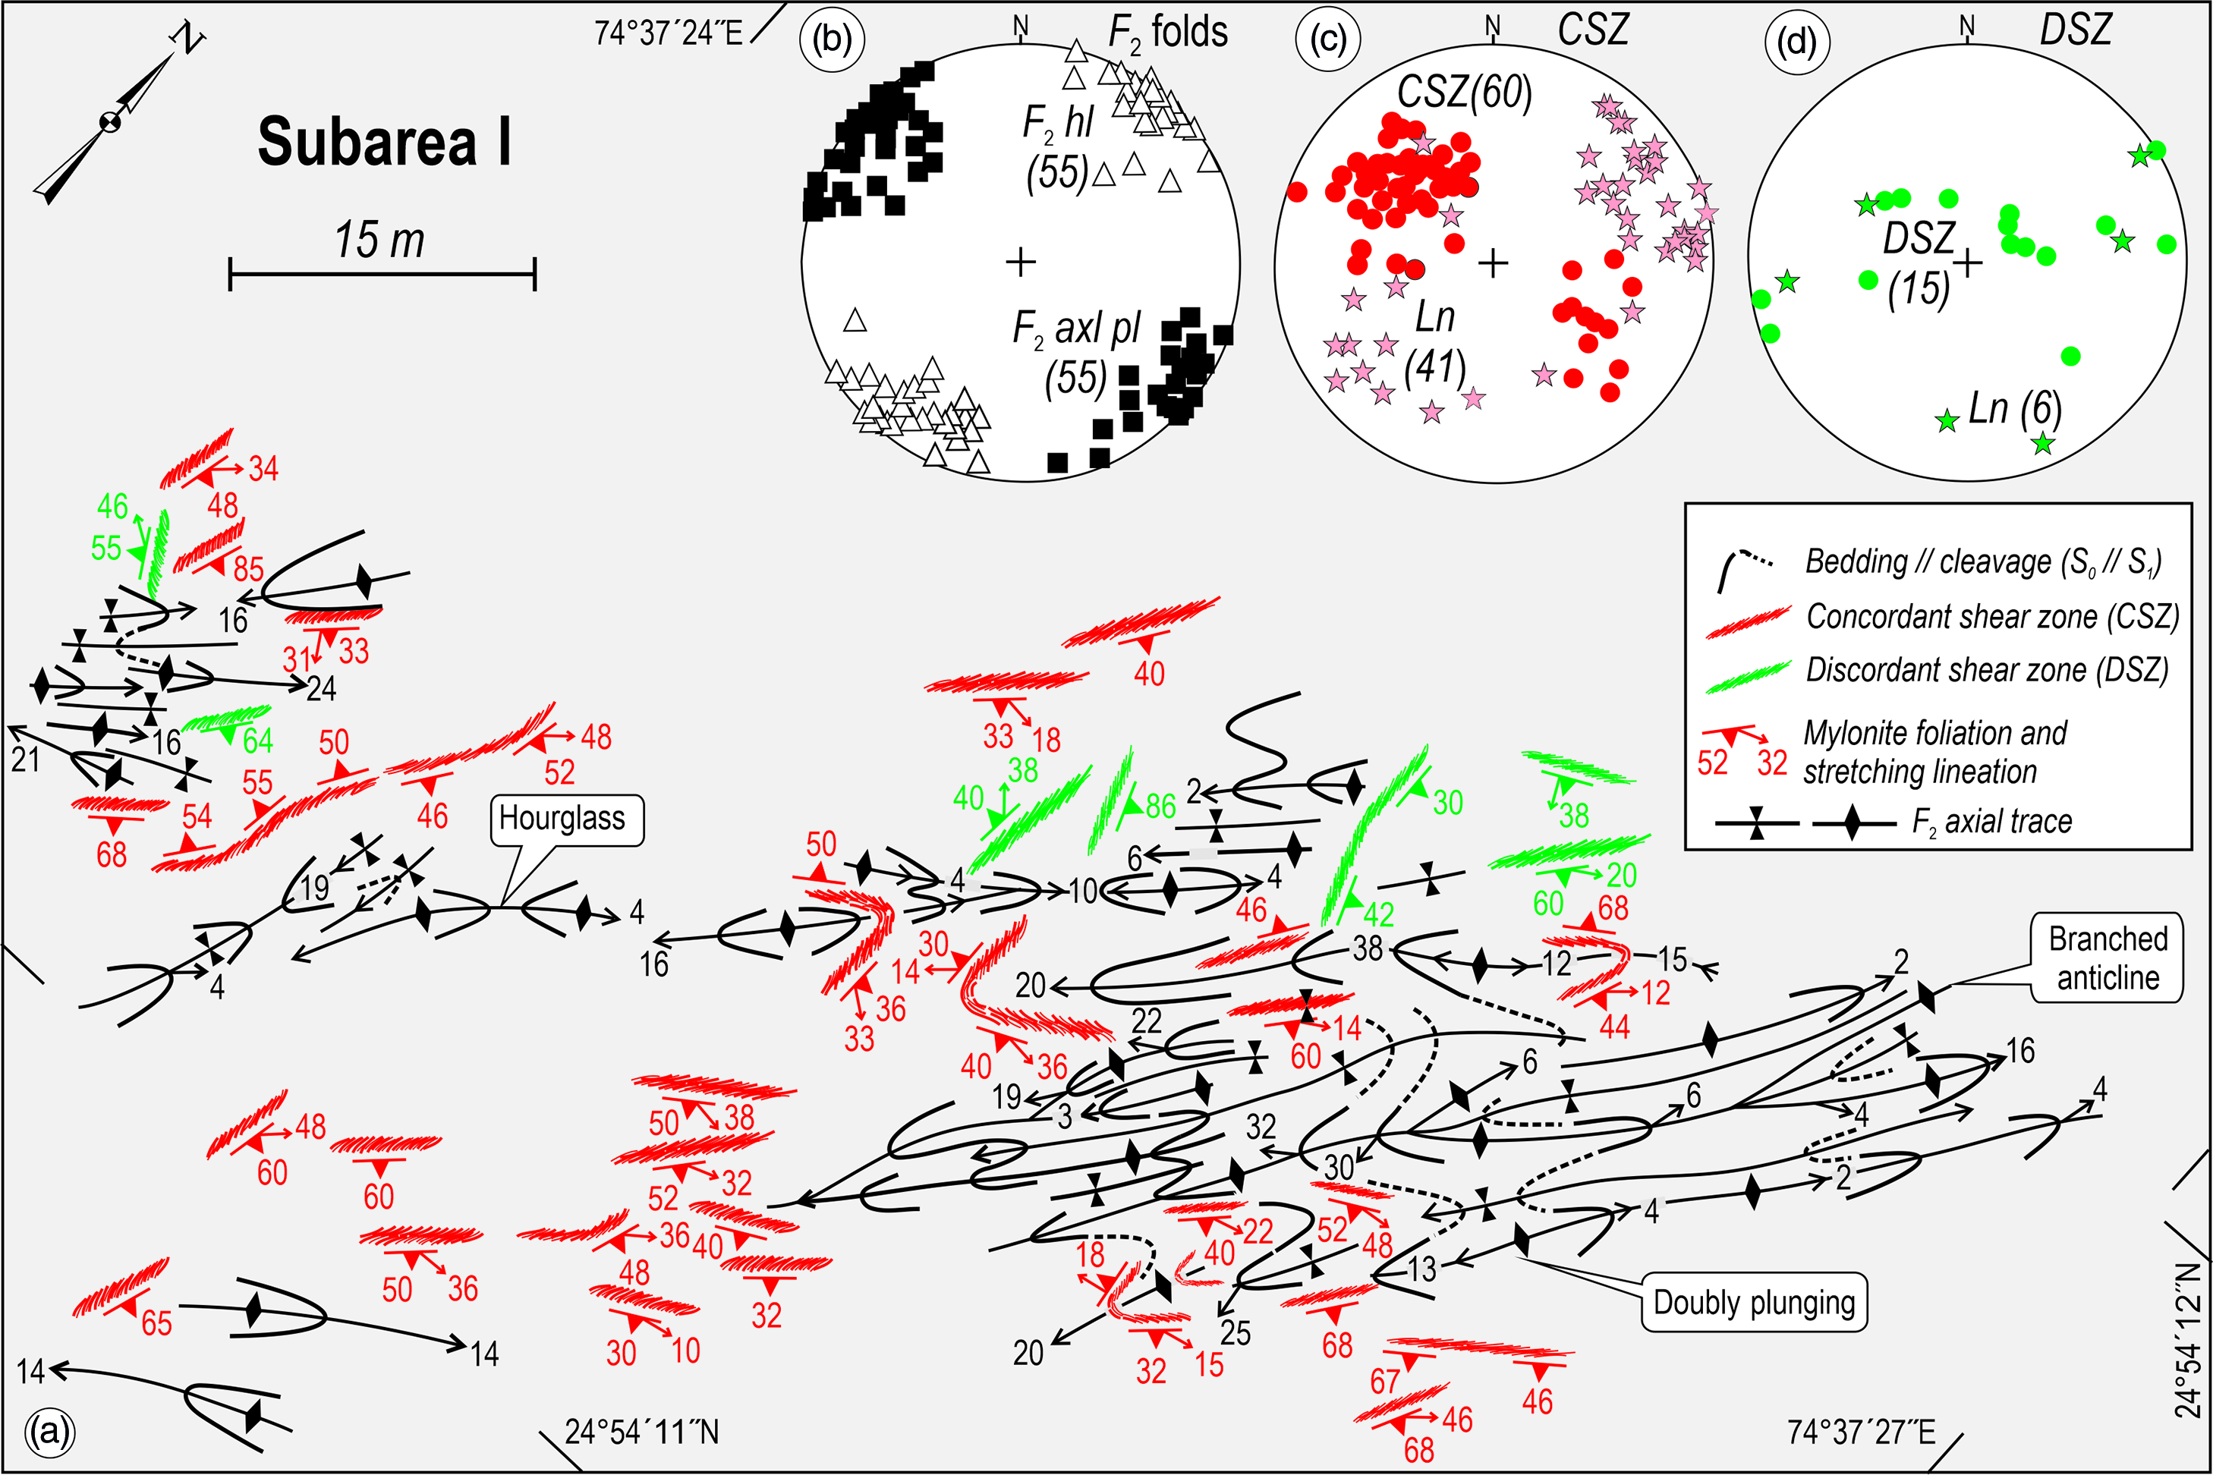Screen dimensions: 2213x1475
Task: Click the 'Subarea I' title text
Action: point(385,142)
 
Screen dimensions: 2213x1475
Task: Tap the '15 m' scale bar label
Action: point(380,240)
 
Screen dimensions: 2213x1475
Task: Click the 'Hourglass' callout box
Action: point(565,819)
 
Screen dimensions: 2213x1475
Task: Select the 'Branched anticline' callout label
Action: point(2108,958)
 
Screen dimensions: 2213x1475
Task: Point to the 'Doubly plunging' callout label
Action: point(1754,1303)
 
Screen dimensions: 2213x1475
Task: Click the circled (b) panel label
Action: point(832,39)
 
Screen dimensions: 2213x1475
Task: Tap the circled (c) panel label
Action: point(1327,39)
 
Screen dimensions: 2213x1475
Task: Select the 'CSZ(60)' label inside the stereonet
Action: point(1464,93)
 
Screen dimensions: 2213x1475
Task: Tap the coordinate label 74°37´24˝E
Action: point(668,33)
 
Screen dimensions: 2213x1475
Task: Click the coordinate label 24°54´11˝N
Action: point(642,1432)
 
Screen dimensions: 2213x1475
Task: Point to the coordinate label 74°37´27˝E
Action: point(1861,1432)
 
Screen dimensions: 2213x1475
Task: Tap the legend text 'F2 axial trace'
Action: point(1992,822)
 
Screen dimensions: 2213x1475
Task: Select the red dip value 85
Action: point(248,569)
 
